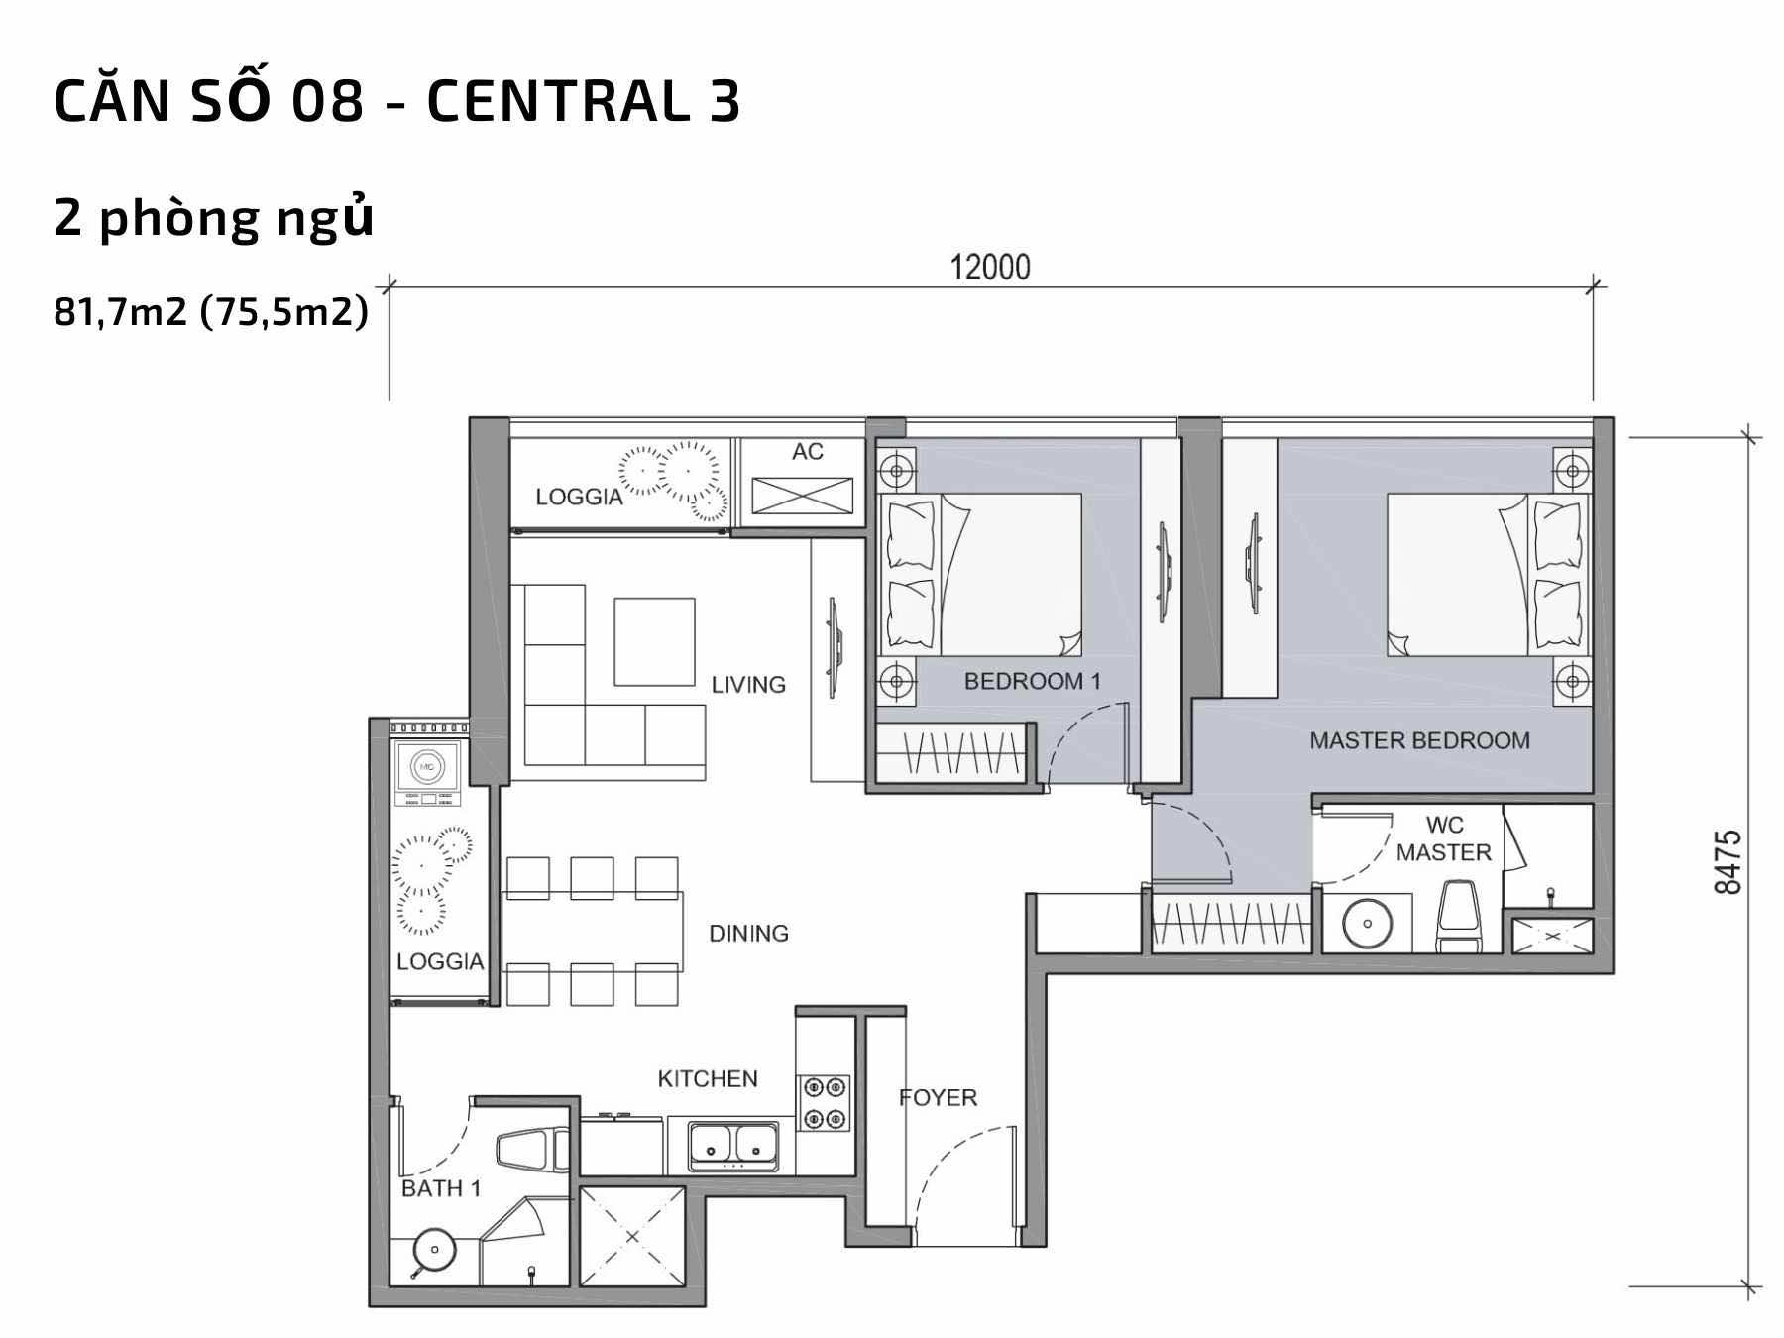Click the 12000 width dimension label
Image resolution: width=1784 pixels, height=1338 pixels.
pyautogui.click(x=990, y=267)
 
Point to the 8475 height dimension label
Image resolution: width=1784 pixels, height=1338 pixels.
pyautogui.click(x=1728, y=861)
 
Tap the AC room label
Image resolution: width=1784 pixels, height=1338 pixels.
pyautogui.click(x=807, y=452)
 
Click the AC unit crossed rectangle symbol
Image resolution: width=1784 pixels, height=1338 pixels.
pyautogui.click(x=802, y=496)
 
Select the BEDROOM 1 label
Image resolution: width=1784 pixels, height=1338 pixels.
pyautogui.click(x=1032, y=682)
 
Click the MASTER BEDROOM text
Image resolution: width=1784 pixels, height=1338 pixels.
pyautogui.click(x=1419, y=740)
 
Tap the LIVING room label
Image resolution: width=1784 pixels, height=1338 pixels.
pyautogui.click(x=748, y=684)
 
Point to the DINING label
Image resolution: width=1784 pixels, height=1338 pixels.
pyautogui.click(x=748, y=933)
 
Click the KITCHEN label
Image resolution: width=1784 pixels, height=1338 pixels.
pyautogui.click(x=708, y=1078)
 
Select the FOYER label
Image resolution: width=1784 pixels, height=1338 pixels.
pyautogui.click(x=938, y=1097)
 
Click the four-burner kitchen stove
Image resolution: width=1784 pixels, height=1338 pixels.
pyautogui.click(x=826, y=1102)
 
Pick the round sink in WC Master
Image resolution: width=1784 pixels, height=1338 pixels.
pyautogui.click(x=1367, y=924)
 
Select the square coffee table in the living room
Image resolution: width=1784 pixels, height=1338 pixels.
pyautogui.click(x=654, y=641)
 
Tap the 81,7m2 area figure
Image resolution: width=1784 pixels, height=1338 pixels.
pyautogui.click(x=121, y=313)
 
